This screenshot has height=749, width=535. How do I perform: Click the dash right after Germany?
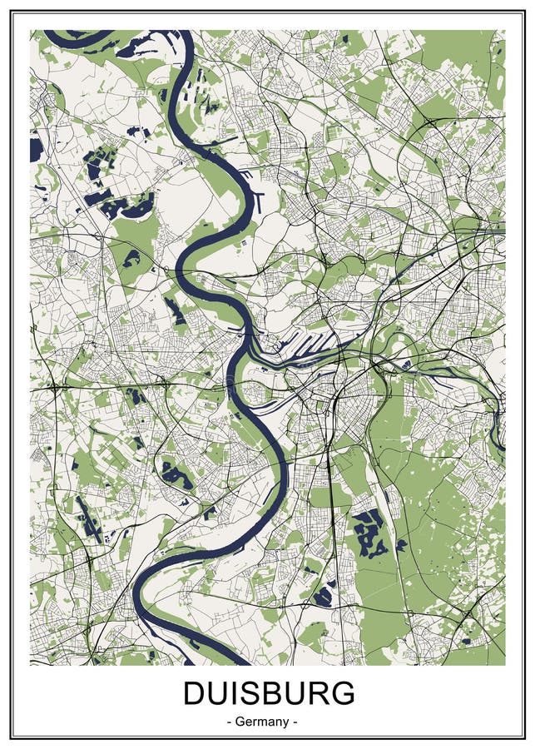click(294, 721)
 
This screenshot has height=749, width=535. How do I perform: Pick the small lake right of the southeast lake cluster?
click(401, 545)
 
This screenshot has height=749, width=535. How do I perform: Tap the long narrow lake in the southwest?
click(88, 520)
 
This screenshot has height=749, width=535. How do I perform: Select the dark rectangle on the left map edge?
click(36, 150)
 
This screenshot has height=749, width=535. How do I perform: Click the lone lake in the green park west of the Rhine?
click(131, 259)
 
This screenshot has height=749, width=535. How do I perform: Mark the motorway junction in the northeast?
click(430, 122)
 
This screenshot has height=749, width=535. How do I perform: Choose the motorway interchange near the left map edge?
click(55, 388)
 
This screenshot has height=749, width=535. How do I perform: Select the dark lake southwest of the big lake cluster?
click(323, 595)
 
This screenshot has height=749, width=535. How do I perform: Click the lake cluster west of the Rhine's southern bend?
click(176, 476)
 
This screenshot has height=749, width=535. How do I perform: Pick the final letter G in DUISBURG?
click(341, 693)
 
